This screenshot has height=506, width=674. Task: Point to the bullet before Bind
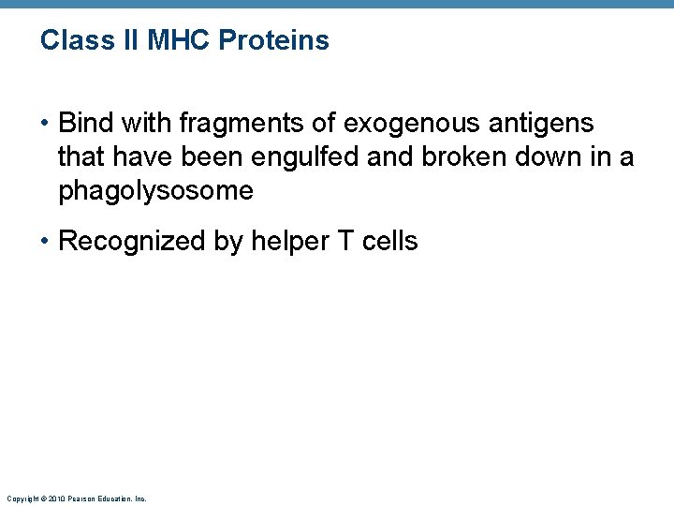pyautogui.click(x=46, y=124)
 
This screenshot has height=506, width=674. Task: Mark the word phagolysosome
pyautogui.click(x=155, y=191)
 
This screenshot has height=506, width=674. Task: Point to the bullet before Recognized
pyautogui.click(x=46, y=242)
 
